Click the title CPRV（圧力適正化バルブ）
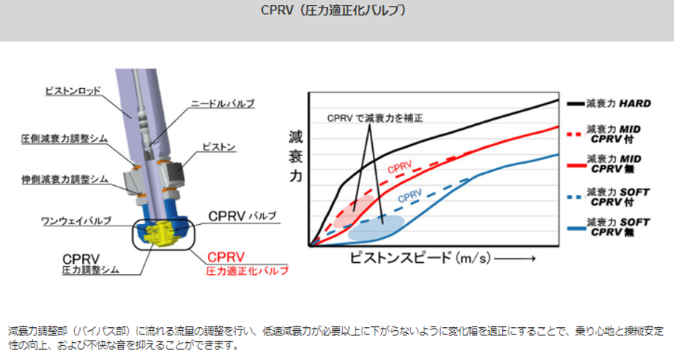click(x=333, y=10)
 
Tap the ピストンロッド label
click(x=73, y=90)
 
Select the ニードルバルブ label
click(x=223, y=104)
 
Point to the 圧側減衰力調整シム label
click(x=64, y=139)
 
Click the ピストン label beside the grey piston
click(x=219, y=147)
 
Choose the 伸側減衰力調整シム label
click(x=64, y=179)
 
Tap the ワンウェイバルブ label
click(x=76, y=221)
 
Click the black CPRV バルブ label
click(x=242, y=216)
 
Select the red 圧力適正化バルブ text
click(x=247, y=271)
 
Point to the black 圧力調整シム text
click(x=90, y=270)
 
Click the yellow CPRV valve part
click(x=160, y=233)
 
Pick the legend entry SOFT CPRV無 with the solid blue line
click(x=608, y=227)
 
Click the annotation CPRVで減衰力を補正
click(x=375, y=118)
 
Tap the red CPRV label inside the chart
click(x=400, y=167)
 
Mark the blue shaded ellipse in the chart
click(x=376, y=228)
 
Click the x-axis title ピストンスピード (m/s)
click(x=420, y=258)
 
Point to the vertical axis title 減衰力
click(x=296, y=157)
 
